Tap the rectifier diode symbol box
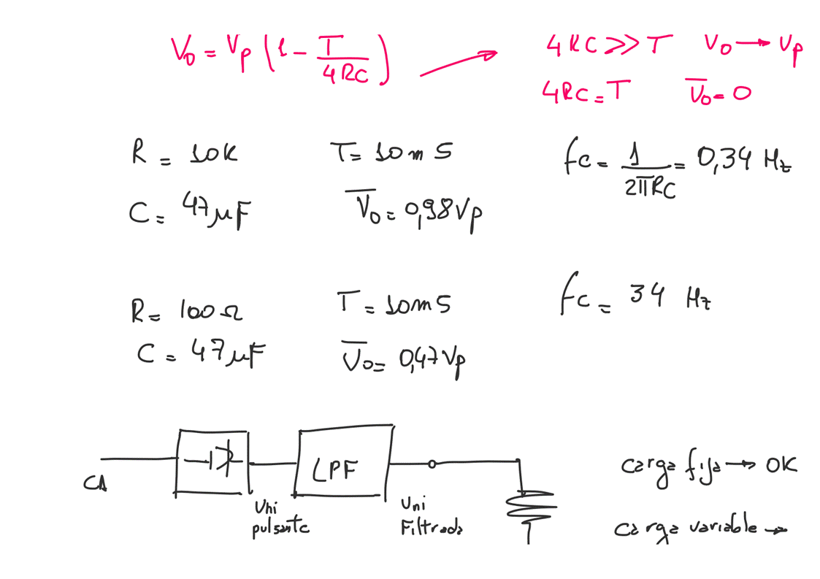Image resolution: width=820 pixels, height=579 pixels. (x=212, y=461)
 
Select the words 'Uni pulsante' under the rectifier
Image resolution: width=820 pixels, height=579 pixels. (x=279, y=517)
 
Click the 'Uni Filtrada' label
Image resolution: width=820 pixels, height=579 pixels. (x=431, y=516)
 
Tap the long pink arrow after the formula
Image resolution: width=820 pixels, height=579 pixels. (x=457, y=64)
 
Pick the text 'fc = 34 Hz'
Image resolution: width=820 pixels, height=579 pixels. (x=632, y=301)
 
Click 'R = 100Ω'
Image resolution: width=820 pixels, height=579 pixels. (x=186, y=312)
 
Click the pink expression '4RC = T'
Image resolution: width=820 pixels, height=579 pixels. (x=583, y=93)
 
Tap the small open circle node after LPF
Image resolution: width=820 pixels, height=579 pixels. (x=432, y=463)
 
